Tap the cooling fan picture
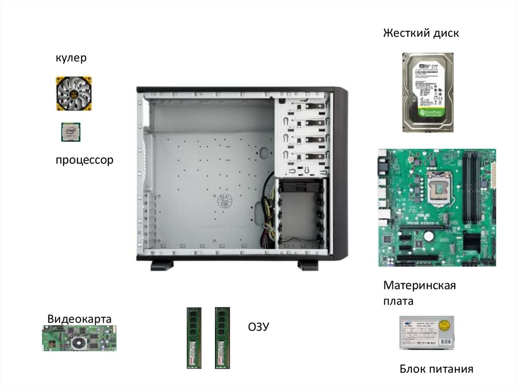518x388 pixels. (74, 93)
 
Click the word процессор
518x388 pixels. (84, 160)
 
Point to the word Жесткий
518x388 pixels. (401, 33)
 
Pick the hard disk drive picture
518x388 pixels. (427, 92)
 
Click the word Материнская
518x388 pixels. (419, 285)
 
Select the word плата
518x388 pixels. (398, 301)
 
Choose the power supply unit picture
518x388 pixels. (426, 332)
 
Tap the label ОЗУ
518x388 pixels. (258, 327)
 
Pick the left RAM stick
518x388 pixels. (194, 337)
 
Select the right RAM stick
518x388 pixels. (222, 337)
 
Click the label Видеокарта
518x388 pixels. (79, 319)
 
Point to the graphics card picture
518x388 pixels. (79, 338)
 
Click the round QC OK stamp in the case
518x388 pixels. (225, 200)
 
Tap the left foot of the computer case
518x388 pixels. (162, 265)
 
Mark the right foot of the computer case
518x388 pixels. (308, 265)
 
